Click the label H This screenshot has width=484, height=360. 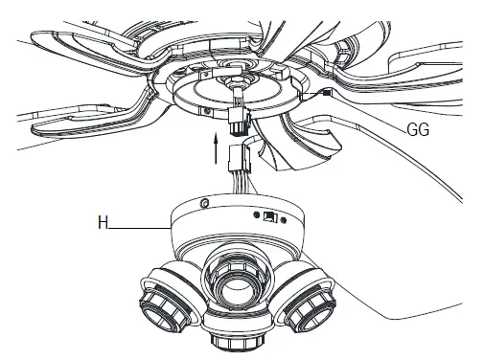[x=102, y=226]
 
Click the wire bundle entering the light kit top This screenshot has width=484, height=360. [x=237, y=182]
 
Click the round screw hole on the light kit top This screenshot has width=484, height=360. [x=204, y=203]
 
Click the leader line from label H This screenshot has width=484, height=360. [x=139, y=227]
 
